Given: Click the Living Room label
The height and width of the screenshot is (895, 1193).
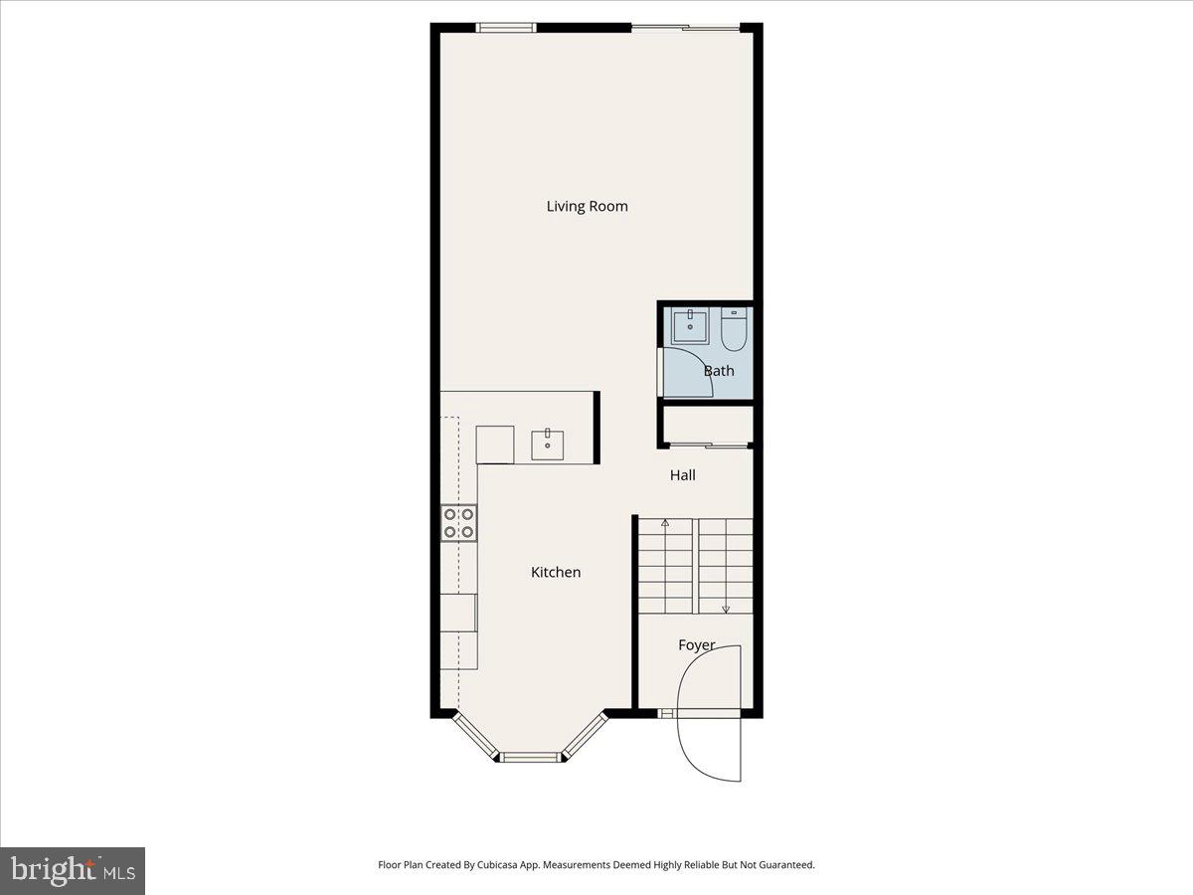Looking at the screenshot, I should tap(587, 207).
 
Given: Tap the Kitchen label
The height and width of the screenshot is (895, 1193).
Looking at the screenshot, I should tap(555, 573).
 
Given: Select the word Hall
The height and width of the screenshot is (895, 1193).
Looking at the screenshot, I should tap(682, 475).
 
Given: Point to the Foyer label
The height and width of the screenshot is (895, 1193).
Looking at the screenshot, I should tap(696, 645).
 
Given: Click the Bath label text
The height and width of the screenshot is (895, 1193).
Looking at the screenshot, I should tap(719, 371).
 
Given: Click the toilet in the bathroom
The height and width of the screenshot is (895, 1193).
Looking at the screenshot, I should tap(734, 330).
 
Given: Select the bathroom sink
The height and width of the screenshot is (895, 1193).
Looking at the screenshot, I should tap(689, 326).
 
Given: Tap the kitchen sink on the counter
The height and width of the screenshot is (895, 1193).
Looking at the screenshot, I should tap(548, 445).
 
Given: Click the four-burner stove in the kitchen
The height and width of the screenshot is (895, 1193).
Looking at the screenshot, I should tap(458, 523).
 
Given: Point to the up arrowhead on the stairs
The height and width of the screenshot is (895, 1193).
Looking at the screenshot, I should tap(665, 522).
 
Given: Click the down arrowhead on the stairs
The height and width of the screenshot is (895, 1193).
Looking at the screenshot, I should tap(726, 609).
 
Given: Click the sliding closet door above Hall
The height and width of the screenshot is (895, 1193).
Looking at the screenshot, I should tap(707, 445).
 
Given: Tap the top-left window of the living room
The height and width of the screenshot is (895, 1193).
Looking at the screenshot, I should tap(506, 28).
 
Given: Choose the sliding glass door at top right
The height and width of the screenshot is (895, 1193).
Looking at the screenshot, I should tap(686, 28).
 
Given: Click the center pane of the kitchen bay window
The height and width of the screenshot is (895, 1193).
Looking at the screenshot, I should tap(530, 758).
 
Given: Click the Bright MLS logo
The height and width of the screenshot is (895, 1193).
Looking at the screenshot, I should tap(73, 871).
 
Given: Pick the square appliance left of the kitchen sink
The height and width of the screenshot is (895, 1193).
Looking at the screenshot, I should tap(494, 445).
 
